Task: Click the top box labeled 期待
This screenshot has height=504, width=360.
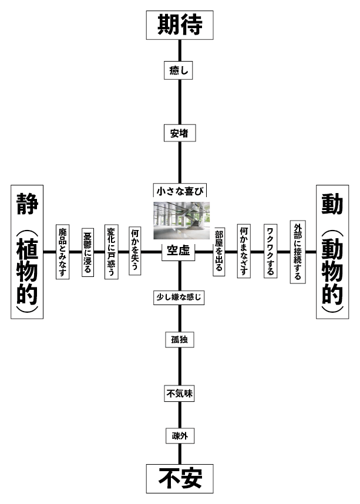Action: [x=180, y=25]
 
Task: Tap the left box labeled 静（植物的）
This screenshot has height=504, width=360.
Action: [x=28, y=252]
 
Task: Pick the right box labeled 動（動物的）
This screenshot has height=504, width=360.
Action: [x=332, y=252]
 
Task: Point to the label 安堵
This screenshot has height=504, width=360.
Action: [x=179, y=133]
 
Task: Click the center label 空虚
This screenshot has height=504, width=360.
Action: [x=178, y=251]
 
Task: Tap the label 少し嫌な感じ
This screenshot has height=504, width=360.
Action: [x=179, y=297]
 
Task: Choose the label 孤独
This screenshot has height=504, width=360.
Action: [x=179, y=340]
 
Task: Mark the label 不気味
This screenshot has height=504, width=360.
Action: [x=179, y=394]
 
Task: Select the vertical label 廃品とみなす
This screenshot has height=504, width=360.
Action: [x=62, y=252]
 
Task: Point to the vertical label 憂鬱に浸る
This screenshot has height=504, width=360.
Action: [x=87, y=252]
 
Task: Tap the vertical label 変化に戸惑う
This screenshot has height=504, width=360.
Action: [x=111, y=252]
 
